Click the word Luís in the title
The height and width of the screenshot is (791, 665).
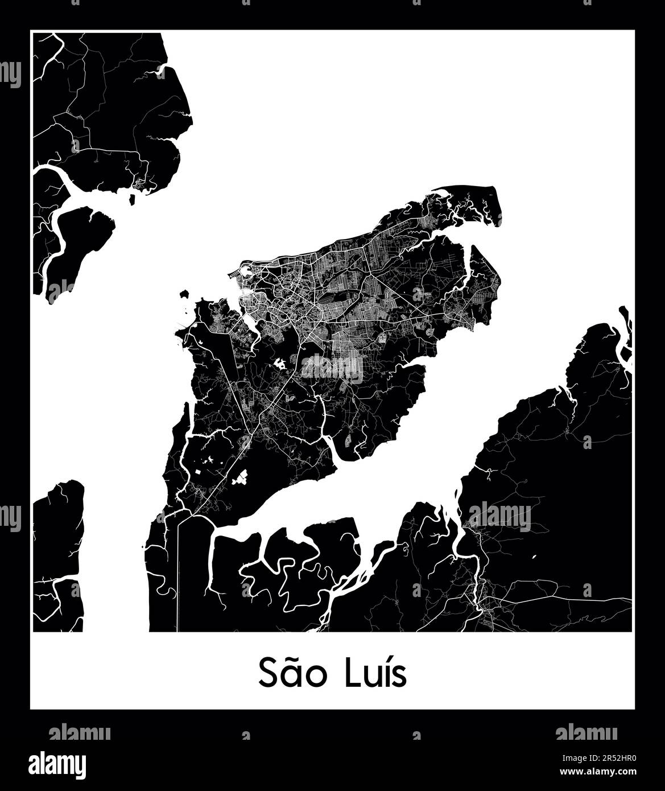coord(375,674)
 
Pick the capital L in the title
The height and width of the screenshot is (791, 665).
coord(351,674)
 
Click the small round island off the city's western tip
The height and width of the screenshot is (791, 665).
coord(184,294)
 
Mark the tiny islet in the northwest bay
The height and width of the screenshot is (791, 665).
coord(132,200)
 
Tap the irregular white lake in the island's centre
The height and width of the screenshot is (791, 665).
coord(279,362)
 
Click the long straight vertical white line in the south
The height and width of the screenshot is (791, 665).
coord(178,575)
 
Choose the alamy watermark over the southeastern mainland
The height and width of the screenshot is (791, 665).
coord(499,517)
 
